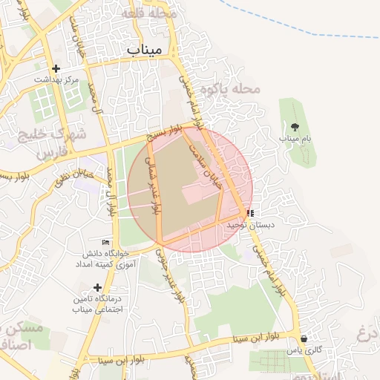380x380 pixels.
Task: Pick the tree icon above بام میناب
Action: point(295,127)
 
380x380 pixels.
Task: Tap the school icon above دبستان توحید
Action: point(249,213)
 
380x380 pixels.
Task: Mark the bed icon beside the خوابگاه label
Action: point(105,242)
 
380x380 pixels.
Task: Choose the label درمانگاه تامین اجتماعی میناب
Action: point(96,304)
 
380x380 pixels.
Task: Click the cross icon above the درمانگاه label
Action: point(96,287)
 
